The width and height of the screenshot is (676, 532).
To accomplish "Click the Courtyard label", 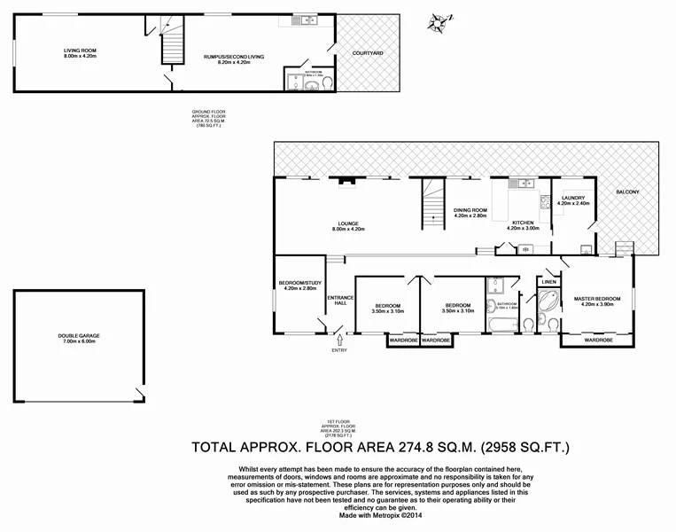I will pyautogui.click(x=368, y=53).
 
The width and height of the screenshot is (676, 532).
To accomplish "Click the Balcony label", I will pyautogui.click(x=627, y=192).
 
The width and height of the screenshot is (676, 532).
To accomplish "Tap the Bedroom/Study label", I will pyautogui.click(x=297, y=285).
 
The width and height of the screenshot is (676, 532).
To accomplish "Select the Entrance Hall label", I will pyautogui.click(x=341, y=300).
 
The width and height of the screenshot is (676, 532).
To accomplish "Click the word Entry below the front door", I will pyautogui.click(x=339, y=349).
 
